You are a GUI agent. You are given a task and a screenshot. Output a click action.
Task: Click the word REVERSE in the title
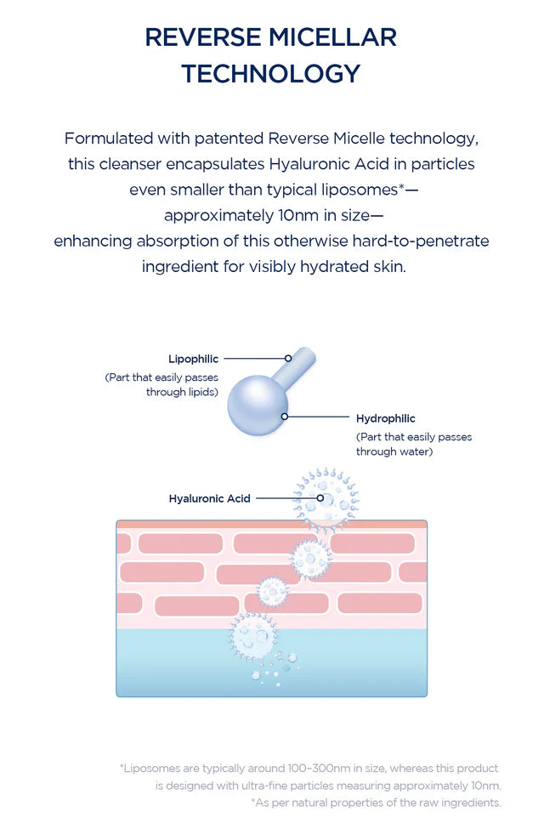pos(202,37)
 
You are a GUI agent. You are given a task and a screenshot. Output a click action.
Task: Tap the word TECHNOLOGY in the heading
pos(271,73)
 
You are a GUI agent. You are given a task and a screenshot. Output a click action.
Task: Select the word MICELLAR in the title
pos(332,37)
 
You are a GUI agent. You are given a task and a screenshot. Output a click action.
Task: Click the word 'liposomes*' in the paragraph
pos(363,190)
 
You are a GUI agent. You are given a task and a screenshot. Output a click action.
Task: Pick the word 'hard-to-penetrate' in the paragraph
pos(421,241)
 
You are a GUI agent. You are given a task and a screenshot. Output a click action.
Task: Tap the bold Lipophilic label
pos(193,359)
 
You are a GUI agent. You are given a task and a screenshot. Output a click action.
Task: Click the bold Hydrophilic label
pos(386,418)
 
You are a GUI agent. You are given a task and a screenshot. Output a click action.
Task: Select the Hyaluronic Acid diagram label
pos(209,499)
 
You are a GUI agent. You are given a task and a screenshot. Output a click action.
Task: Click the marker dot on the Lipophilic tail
pos(288,359)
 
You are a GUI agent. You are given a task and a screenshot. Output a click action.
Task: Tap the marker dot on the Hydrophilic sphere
pos(285,417)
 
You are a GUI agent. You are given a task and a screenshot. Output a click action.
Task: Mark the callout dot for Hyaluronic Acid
pos(320,498)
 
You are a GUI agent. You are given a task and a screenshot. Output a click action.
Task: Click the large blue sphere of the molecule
pos(258,406)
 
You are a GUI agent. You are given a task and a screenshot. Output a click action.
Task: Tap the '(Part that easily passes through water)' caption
pos(414,445)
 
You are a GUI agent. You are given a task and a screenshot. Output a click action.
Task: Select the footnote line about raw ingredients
pos(376,803)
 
